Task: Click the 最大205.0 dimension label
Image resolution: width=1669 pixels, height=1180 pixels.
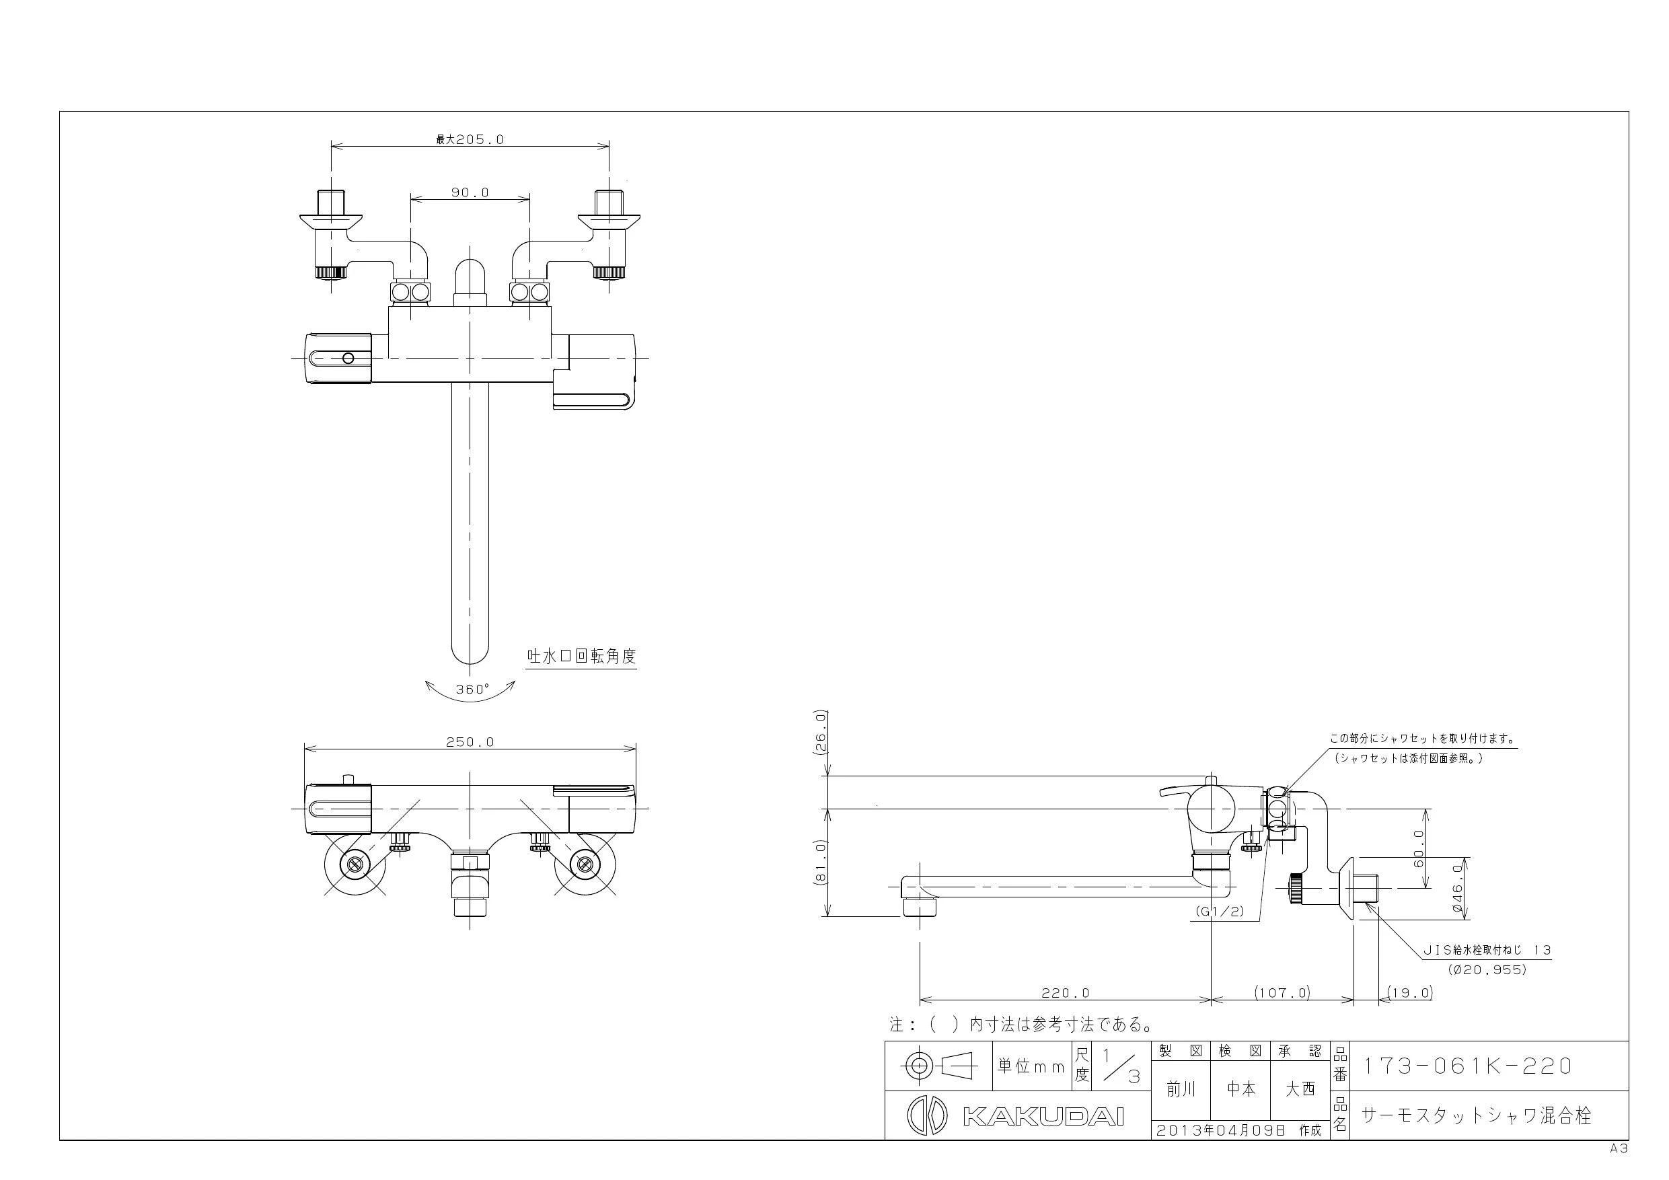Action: pyautogui.click(x=470, y=139)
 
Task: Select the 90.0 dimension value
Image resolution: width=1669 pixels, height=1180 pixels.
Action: pyautogui.click(x=470, y=192)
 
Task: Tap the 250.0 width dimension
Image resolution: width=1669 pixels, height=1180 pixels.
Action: pyautogui.click(x=470, y=741)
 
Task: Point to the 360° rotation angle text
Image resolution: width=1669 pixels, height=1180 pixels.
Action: pyautogui.click(x=472, y=690)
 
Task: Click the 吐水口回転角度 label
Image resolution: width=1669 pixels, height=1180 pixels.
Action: pyautogui.click(x=581, y=656)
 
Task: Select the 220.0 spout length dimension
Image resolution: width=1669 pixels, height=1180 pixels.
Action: pyautogui.click(x=1066, y=992)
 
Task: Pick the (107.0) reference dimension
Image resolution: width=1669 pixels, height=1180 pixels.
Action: pyautogui.click(x=1282, y=992)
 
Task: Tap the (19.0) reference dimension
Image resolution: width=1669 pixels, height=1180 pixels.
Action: pyautogui.click(x=1409, y=992)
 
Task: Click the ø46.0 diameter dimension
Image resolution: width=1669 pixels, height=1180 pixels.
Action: pyautogui.click(x=1458, y=888)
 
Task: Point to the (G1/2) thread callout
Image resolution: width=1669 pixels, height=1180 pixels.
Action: pyautogui.click(x=1220, y=911)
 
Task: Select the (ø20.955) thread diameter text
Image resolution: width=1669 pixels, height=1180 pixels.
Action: pyautogui.click(x=1487, y=970)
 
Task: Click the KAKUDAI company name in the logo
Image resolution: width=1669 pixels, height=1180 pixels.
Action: pyautogui.click(x=1044, y=1117)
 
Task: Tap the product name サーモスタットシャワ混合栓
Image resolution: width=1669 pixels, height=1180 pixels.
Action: pyautogui.click(x=1477, y=1115)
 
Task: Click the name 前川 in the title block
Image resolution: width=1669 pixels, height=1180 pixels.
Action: pyautogui.click(x=1181, y=1089)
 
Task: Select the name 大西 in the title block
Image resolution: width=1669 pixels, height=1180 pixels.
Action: pyautogui.click(x=1300, y=1089)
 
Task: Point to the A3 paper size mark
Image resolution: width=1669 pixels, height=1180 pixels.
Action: pyautogui.click(x=1618, y=1149)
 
